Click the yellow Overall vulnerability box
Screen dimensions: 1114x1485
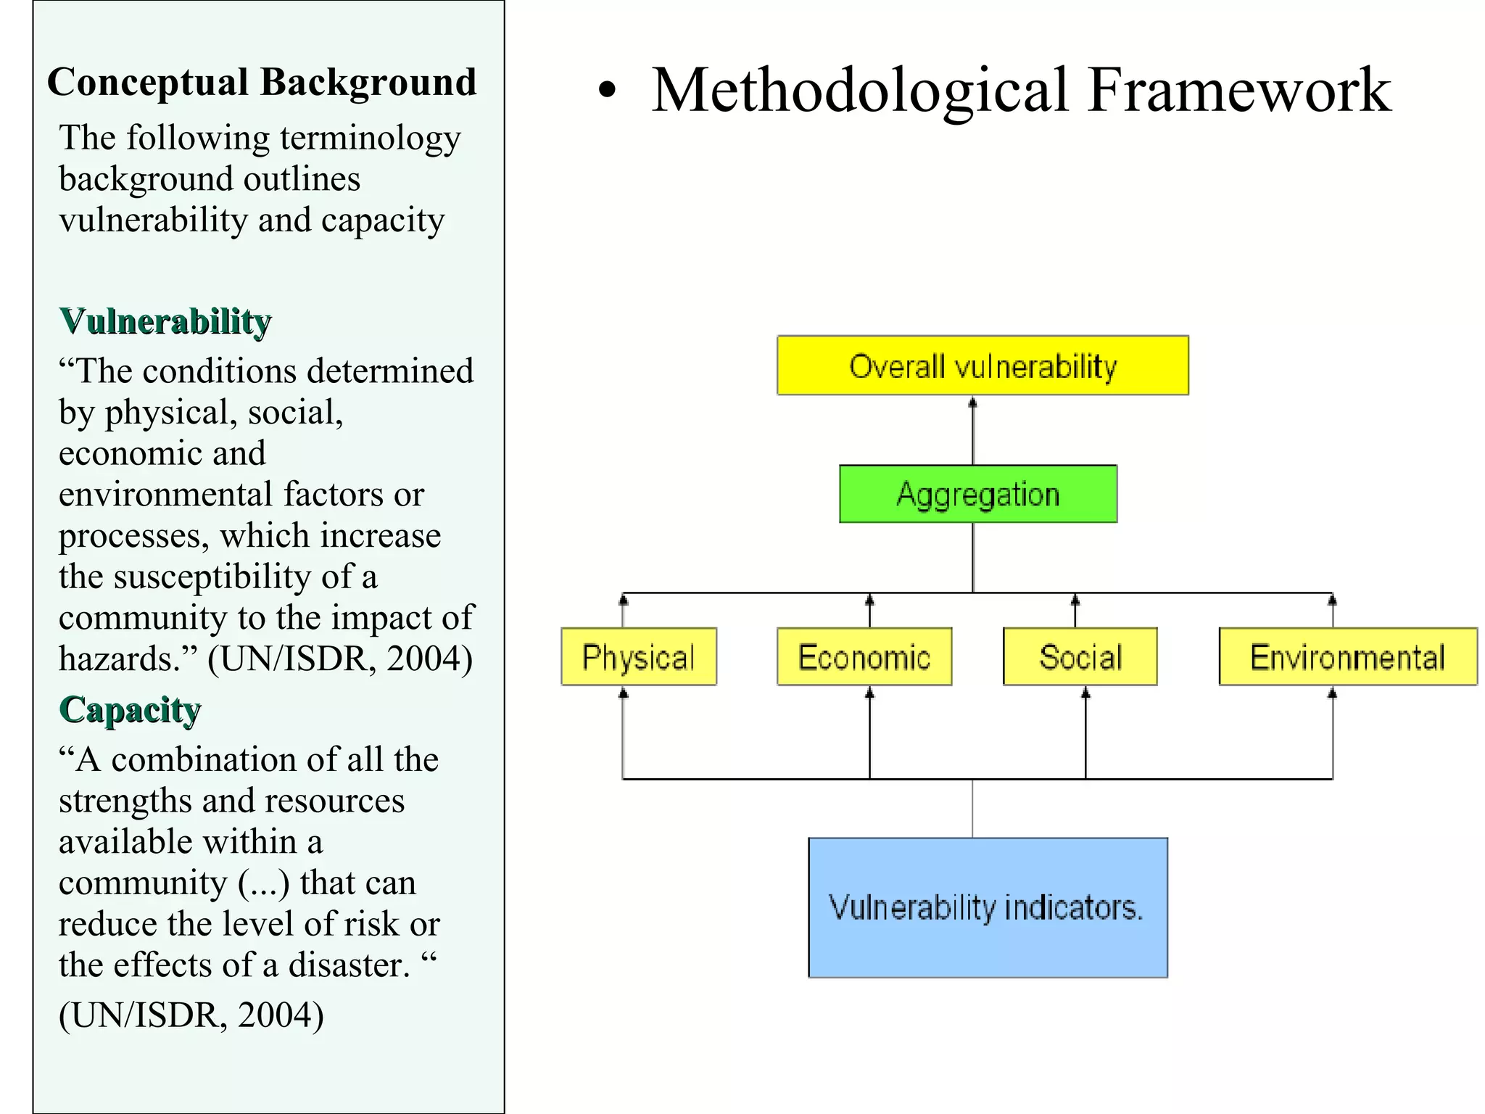point(982,366)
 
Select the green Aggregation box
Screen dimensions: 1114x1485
point(977,494)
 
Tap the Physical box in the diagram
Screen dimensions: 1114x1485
point(638,656)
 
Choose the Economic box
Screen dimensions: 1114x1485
point(864,656)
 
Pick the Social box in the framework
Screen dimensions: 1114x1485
point(1080,656)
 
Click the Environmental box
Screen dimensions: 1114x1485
point(1347,656)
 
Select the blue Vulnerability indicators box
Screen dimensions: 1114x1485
point(987,907)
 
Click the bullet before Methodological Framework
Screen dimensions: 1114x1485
point(607,91)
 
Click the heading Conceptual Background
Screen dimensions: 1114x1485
point(262,81)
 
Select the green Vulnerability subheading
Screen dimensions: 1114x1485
point(165,321)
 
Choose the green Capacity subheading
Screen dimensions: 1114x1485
point(130,709)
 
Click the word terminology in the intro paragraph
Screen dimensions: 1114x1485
point(370,138)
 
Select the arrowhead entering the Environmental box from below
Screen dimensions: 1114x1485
point(1332,694)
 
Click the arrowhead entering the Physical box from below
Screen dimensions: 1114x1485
point(623,694)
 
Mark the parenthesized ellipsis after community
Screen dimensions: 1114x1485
point(263,883)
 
